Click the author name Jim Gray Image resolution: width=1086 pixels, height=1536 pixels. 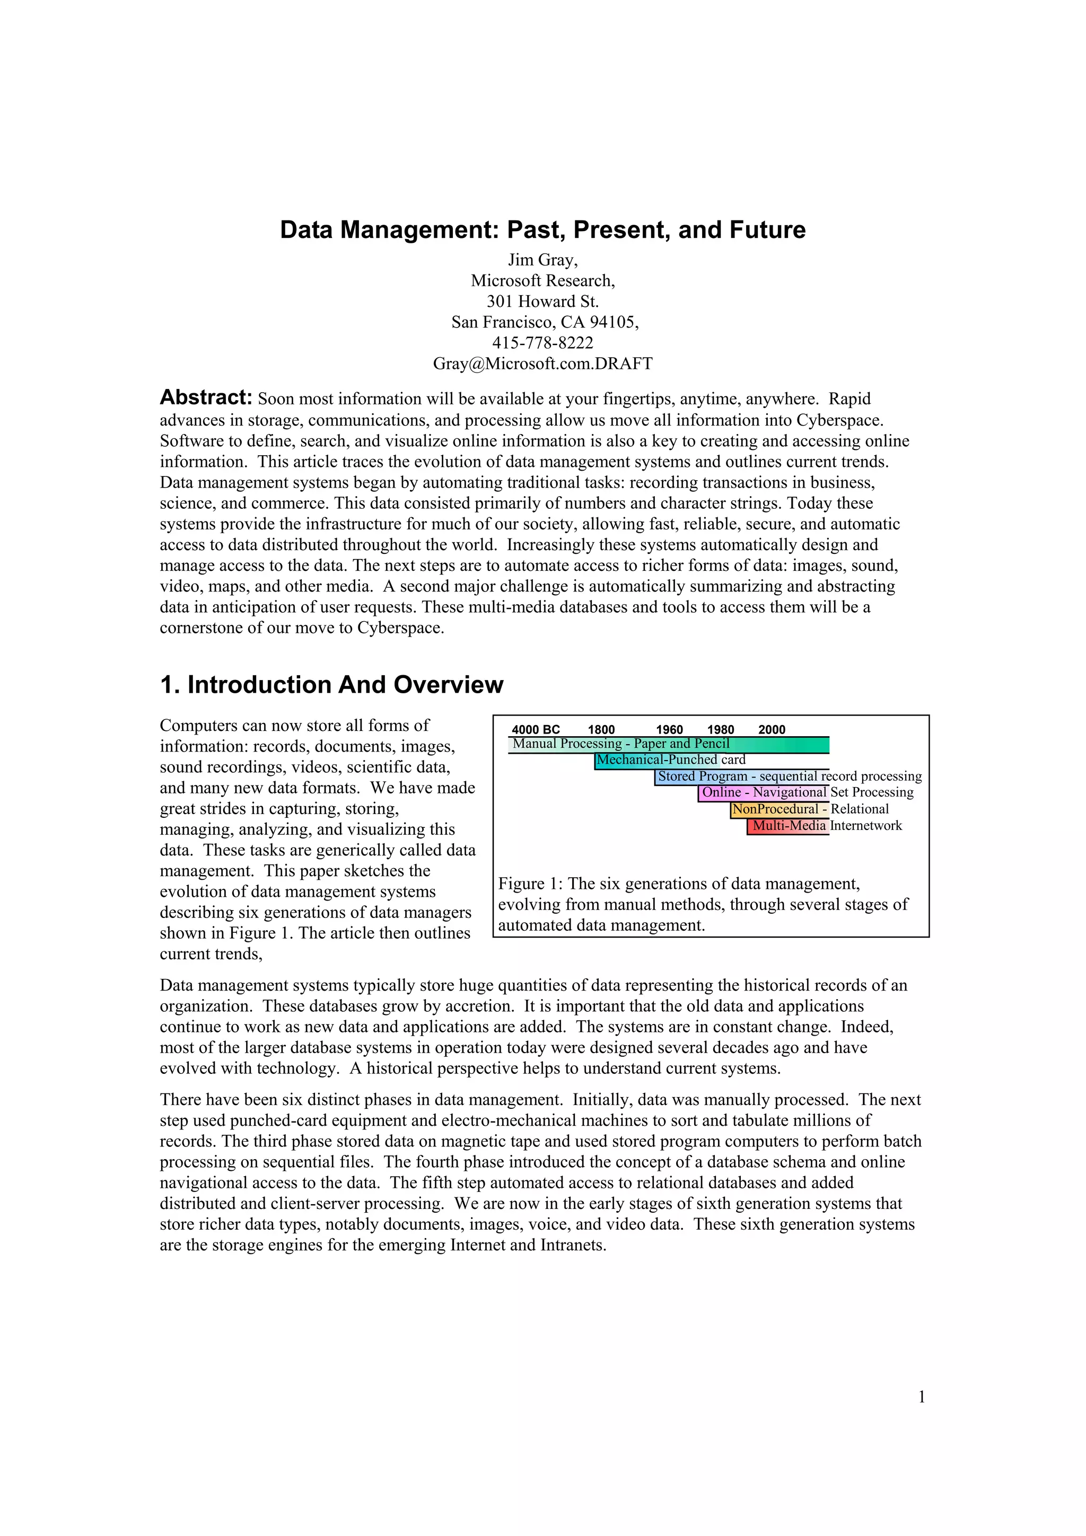[x=542, y=260]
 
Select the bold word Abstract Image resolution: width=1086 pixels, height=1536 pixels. [x=205, y=398]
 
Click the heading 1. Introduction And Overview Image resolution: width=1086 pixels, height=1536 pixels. [x=331, y=684]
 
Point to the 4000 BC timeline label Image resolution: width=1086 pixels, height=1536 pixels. [x=535, y=729]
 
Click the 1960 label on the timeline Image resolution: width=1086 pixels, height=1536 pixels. [x=669, y=729]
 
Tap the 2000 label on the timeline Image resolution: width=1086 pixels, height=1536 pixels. [x=772, y=729]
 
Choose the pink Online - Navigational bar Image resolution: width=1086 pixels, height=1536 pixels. [x=763, y=793]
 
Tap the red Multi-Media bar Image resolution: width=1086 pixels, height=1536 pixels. [x=788, y=826]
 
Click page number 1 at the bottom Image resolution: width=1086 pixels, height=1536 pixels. [x=922, y=1397]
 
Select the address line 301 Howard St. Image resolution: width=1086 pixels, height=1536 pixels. [x=542, y=301]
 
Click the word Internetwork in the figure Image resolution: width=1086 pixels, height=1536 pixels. [x=866, y=826]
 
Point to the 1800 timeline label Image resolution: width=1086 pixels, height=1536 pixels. [x=601, y=729]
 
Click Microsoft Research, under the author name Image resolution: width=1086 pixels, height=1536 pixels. [x=542, y=280]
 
